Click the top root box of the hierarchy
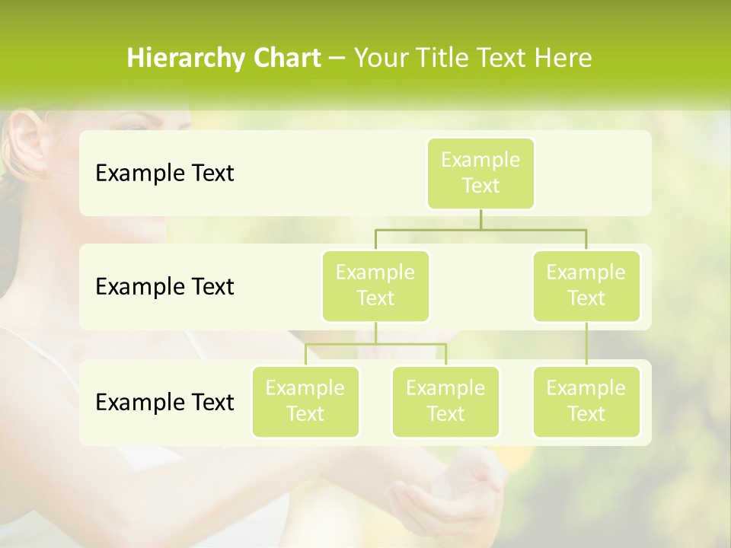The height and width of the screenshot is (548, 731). [480, 173]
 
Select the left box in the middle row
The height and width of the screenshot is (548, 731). [375, 285]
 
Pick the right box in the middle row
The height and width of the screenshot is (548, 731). [586, 285]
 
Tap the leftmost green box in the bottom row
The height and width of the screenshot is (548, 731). [305, 401]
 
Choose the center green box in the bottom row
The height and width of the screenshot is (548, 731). [445, 401]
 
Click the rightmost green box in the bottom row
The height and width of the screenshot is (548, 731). [586, 401]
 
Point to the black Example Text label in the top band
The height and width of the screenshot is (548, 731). [164, 174]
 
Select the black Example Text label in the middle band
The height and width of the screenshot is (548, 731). [164, 287]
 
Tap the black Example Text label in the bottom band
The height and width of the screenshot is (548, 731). [164, 402]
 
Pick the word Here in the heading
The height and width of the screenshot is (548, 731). [563, 59]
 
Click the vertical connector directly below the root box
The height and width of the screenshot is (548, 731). [480, 219]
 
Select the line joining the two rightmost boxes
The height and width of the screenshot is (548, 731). [586, 344]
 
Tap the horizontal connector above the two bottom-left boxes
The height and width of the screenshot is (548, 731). [375, 344]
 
